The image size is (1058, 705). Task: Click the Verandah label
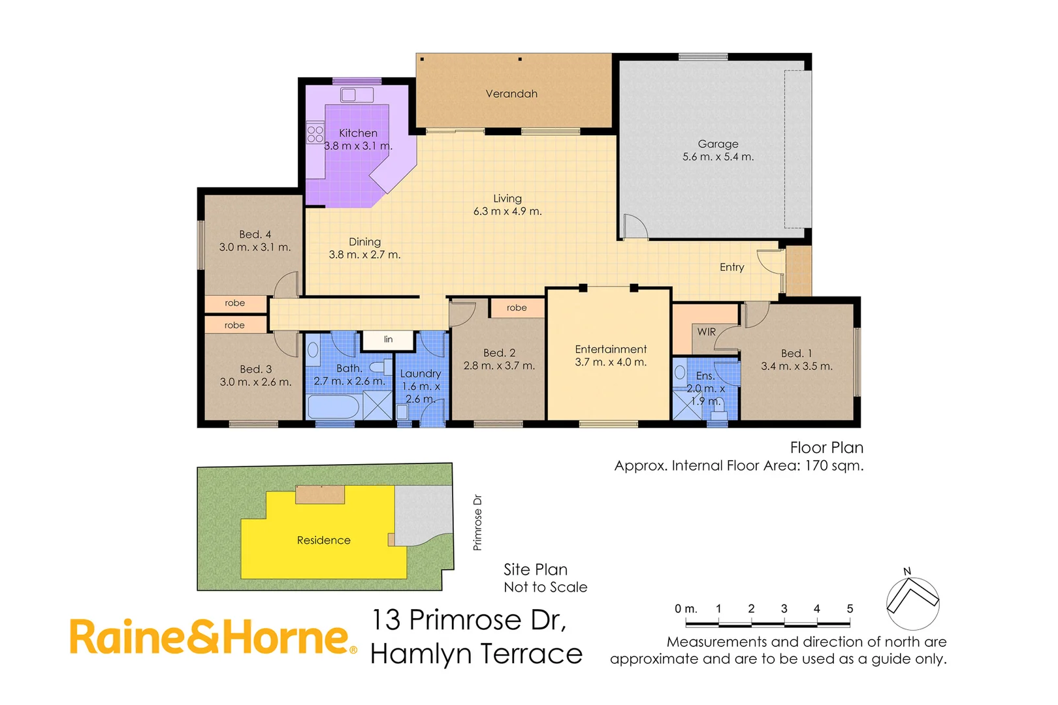[x=511, y=94]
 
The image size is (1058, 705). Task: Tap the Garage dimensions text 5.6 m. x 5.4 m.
[x=718, y=157]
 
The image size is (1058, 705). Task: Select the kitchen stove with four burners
[x=315, y=134]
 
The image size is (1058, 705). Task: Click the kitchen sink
[x=349, y=95]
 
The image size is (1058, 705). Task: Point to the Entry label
[x=731, y=267]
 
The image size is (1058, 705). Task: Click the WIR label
[x=706, y=332]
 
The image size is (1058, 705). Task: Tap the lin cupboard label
[x=388, y=339]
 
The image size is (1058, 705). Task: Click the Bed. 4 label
[x=255, y=234]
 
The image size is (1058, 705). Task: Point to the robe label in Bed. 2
[x=516, y=307]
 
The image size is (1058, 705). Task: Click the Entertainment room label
[x=611, y=349]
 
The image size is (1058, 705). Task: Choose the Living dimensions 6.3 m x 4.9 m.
[x=507, y=211]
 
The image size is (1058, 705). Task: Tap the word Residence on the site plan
[x=323, y=540]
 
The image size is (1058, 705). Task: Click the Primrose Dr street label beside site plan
[x=477, y=522]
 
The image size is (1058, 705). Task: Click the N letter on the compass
[x=907, y=571]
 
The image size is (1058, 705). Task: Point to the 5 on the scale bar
[x=850, y=608]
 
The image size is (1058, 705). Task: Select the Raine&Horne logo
[x=213, y=637]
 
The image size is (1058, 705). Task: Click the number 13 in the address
[x=386, y=620]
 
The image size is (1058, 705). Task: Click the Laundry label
[x=420, y=373]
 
